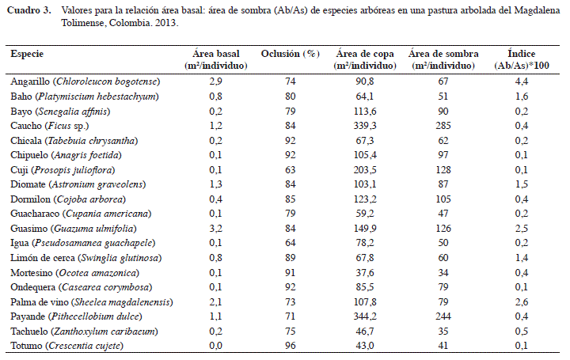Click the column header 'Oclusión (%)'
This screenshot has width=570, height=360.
[x=290, y=54]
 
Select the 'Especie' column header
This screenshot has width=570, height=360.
[x=27, y=54]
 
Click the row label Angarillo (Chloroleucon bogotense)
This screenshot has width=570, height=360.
[x=85, y=81]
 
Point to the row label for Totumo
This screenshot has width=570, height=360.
[x=66, y=346]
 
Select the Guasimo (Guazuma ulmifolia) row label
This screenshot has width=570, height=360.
[x=74, y=229]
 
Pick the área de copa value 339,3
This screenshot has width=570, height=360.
[x=365, y=126]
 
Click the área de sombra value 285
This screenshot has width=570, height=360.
[x=443, y=126]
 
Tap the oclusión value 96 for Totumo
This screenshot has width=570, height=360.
[x=290, y=346]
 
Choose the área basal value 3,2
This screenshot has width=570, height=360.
[x=215, y=229]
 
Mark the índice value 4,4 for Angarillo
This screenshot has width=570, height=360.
[x=521, y=81]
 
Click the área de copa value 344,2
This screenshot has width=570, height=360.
[x=365, y=316]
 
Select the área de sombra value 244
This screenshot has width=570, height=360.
[x=443, y=316]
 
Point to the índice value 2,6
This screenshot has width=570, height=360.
[x=521, y=302]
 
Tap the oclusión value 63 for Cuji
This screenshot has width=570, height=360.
[x=290, y=169]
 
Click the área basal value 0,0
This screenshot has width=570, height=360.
[x=215, y=346]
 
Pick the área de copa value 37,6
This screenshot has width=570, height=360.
[x=365, y=272]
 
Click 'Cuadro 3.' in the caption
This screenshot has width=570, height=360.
[x=29, y=10]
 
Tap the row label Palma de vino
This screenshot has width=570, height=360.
[x=40, y=302]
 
